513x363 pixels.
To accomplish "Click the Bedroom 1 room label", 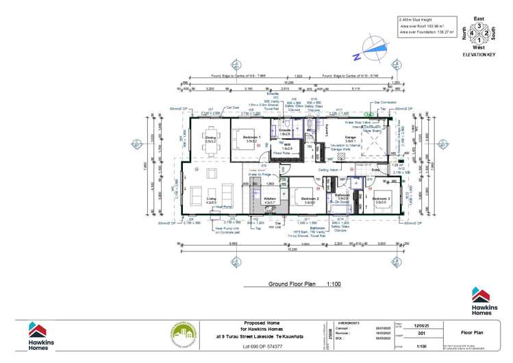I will point(250,139).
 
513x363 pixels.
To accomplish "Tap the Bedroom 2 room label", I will point(309,200).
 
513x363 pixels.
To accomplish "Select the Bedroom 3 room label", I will point(381,200).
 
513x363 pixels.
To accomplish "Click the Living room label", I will point(210,200).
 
